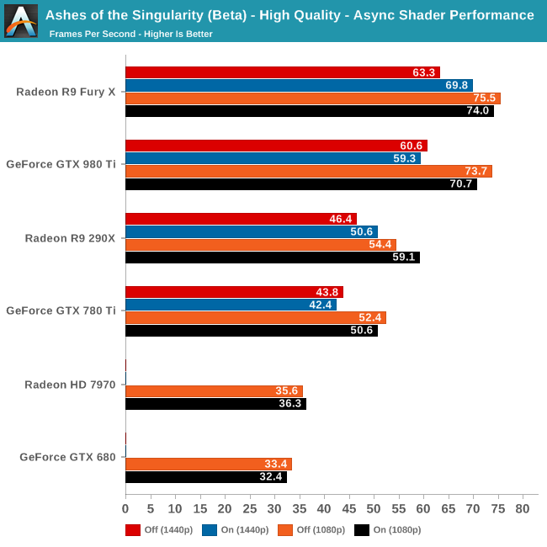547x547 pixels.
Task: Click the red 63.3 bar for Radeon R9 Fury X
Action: [x=282, y=72]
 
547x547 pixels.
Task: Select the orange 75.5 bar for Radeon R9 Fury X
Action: [x=312, y=98]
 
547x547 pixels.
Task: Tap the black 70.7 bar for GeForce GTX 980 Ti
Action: [x=300, y=184]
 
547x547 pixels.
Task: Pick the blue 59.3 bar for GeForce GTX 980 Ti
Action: [x=273, y=158]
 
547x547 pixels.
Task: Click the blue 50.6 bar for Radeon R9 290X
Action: [x=251, y=231]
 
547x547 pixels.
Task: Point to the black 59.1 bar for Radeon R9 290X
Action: [x=272, y=258]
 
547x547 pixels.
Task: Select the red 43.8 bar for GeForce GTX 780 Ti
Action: [x=234, y=292]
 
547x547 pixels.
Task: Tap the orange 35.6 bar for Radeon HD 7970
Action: [x=214, y=390]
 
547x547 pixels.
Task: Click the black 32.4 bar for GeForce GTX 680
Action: [x=205, y=477]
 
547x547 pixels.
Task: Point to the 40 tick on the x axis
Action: [x=324, y=509]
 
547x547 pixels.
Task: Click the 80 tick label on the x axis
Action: [x=523, y=509]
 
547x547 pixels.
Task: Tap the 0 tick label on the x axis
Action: [x=125, y=509]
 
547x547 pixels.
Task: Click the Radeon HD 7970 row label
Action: [x=70, y=385]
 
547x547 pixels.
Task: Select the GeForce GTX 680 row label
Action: [x=67, y=458]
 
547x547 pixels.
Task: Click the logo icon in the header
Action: [x=21, y=21]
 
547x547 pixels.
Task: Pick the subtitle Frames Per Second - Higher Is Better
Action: [x=130, y=34]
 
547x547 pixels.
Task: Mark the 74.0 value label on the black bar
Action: [x=477, y=111]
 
